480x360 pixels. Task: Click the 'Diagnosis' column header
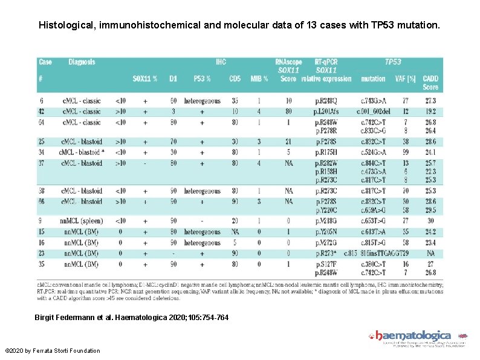click(82, 62)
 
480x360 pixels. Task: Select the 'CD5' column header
click(235, 79)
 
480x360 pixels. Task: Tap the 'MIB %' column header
click(258, 79)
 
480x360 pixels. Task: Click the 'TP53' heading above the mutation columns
click(393, 62)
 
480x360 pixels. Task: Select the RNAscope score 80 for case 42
click(288, 111)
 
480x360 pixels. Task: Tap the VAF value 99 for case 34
click(407, 152)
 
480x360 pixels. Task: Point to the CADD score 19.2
click(430, 111)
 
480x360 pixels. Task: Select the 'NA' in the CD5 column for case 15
click(234, 232)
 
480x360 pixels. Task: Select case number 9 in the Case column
click(41, 221)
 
